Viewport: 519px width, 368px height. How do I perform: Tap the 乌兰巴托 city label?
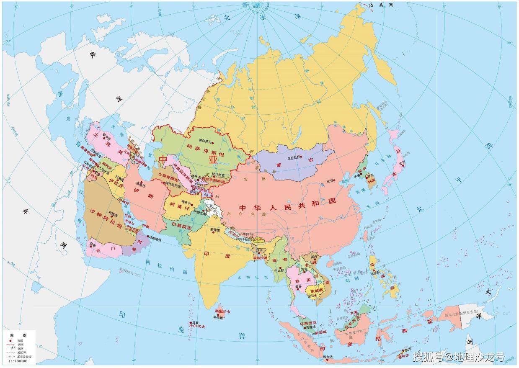pos(294,158)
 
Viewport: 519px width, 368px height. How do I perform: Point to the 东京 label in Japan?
pos(402,163)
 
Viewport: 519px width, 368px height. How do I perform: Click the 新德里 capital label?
pos(215,229)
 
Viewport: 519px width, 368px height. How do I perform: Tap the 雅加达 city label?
pos(328,357)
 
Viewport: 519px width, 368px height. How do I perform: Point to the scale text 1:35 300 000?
pos(18,361)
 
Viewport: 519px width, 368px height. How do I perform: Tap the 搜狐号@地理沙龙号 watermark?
pos(458,357)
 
